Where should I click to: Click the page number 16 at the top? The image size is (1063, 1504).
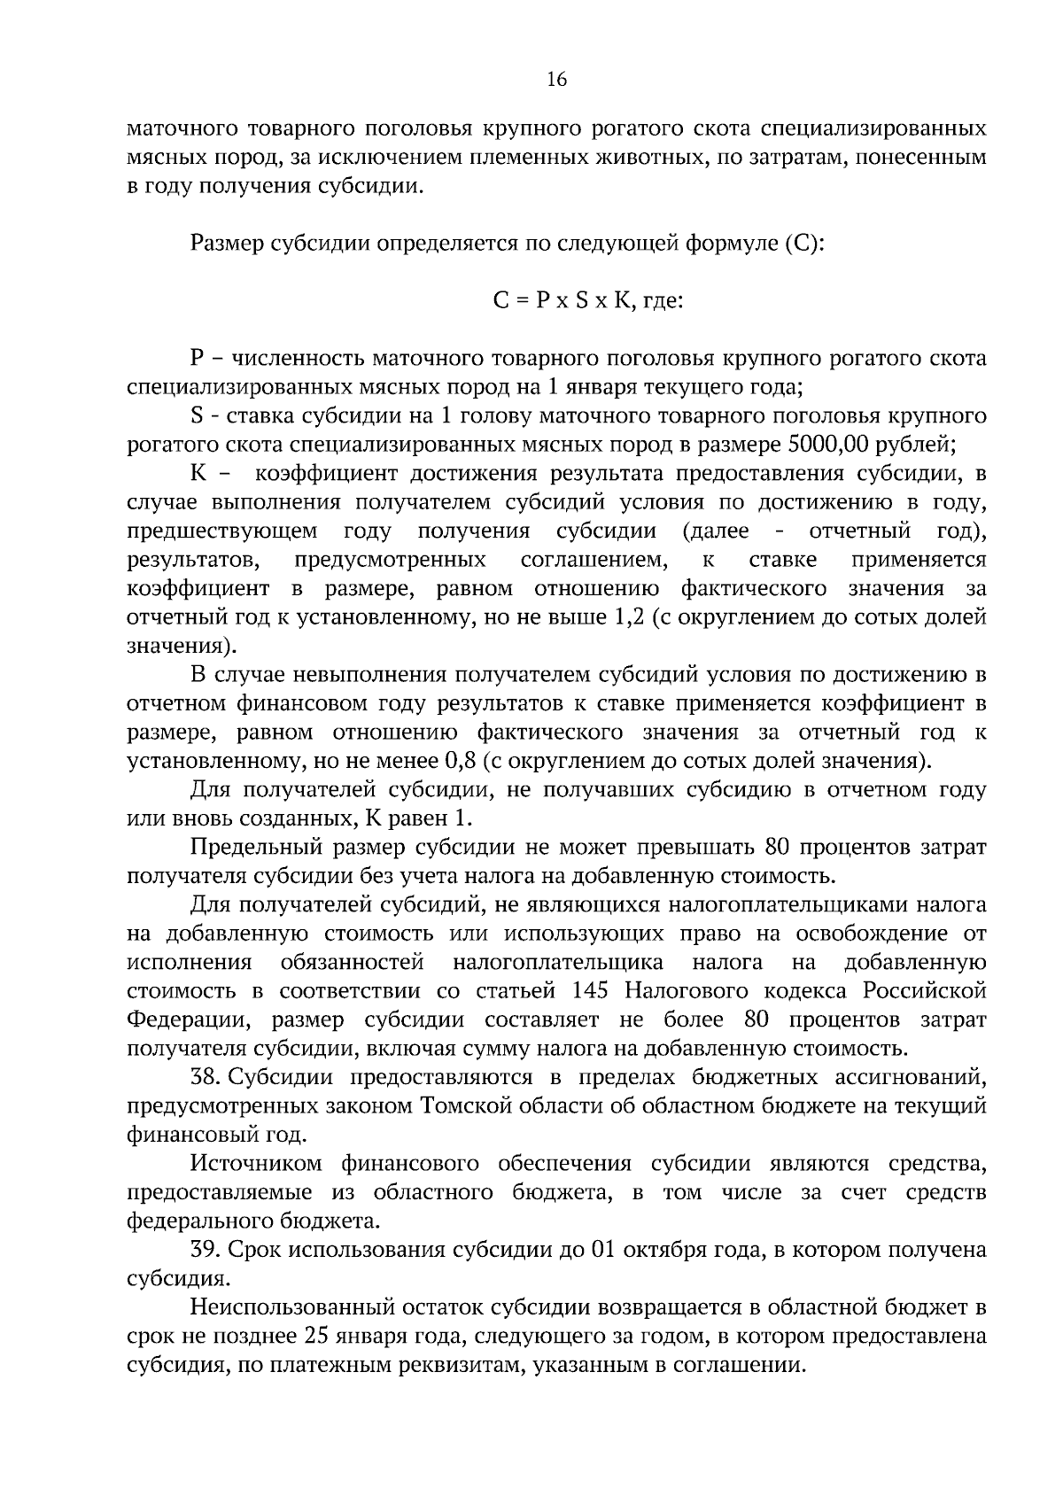click(x=556, y=80)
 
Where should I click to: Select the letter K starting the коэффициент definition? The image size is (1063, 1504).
click(x=198, y=473)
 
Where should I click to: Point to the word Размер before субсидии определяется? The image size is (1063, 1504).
click(x=227, y=243)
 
